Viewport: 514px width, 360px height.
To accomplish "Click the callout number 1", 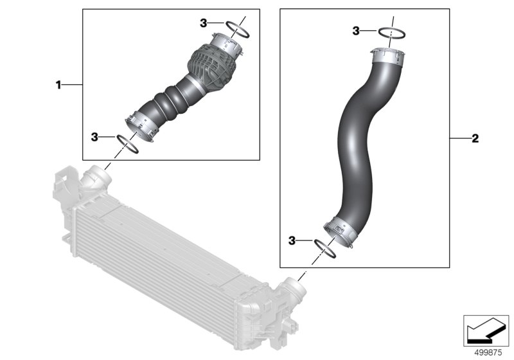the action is click(58, 85).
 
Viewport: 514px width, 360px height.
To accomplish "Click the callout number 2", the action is click(475, 138).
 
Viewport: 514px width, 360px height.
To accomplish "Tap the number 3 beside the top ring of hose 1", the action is click(204, 23).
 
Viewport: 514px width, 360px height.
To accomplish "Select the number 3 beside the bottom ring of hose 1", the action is click(94, 137).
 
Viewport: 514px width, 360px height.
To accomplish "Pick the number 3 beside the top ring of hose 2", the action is click(356, 31).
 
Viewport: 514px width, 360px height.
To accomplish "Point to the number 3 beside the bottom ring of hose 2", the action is click(292, 240).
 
